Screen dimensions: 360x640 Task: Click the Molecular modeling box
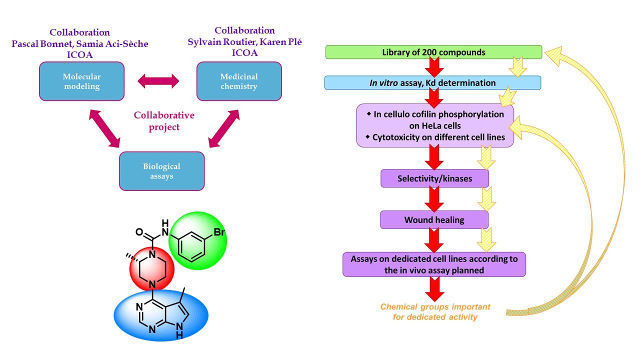(81, 81)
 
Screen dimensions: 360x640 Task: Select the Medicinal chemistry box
(239, 81)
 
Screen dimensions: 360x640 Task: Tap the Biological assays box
(161, 171)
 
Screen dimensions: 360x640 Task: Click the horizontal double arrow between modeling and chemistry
(158, 81)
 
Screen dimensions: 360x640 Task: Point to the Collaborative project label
(164, 121)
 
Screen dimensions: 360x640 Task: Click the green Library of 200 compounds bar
(433, 52)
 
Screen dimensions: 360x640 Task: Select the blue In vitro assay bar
(432, 83)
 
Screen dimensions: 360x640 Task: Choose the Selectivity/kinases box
(434, 178)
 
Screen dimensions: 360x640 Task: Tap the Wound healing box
(434, 219)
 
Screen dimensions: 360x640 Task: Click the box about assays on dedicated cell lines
(434, 264)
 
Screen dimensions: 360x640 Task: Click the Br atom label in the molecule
(220, 232)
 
